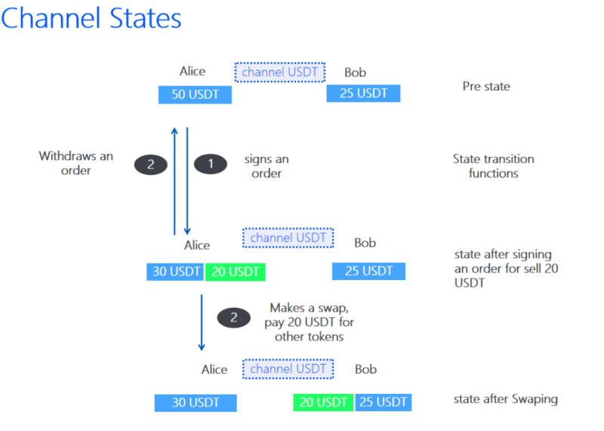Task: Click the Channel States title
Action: click(91, 19)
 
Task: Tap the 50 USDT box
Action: click(195, 94)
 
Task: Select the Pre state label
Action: click(486, 87)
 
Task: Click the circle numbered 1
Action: click(211, 164)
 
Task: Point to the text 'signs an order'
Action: click(266, 167)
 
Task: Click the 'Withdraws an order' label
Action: click(76, 163)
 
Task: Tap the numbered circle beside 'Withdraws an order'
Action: click(151, 164)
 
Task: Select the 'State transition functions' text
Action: click(493, 166)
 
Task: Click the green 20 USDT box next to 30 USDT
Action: click(235, 272)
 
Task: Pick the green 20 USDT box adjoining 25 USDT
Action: click(323, 402)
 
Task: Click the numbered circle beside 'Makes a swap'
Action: click(234, 318)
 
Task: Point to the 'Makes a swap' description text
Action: click(310, 322)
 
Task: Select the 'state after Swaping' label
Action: click(505, 399)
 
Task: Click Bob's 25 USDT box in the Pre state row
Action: click(363, 94)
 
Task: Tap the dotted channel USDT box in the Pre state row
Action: click(279, 72)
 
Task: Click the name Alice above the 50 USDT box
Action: click(193, 72)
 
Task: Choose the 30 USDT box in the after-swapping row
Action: click(196, 403)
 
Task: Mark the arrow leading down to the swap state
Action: click(202, 321)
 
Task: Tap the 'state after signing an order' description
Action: click(503, 268)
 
